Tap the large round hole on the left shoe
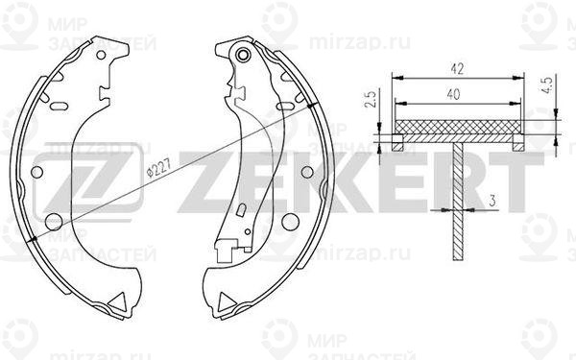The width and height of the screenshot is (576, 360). (x=38, y=174)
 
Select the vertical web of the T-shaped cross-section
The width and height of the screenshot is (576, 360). (x=458, y=202)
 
